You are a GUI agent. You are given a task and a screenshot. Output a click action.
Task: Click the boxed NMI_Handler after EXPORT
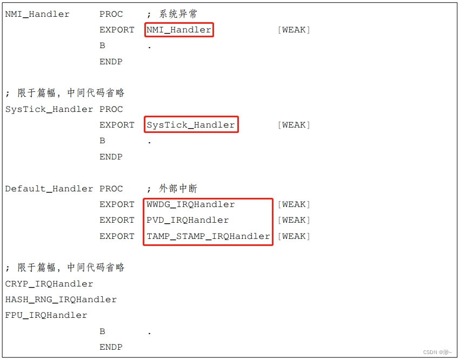(x=179, y=30)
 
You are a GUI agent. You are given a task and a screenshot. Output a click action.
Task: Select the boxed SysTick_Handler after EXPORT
(x=191, y=125)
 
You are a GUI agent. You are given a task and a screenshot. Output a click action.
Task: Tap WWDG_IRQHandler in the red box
(x=191, y=204)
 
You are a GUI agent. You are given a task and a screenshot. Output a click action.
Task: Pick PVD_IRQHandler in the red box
(x=188, y=220)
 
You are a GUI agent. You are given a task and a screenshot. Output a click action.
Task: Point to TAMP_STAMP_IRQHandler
(x=208, y=236)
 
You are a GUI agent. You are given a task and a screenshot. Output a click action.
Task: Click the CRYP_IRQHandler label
(x=49, y=284)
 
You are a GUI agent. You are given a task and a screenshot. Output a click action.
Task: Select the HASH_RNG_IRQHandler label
(x=61, y=299)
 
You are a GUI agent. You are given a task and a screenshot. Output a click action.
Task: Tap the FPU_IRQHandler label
(x=46, y=315)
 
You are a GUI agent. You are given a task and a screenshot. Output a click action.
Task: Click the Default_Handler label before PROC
(x=49, y=189)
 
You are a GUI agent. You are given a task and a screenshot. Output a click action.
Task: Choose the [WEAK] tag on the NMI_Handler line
(x=294, y=30)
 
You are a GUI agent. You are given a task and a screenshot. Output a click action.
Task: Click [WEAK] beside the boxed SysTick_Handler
(x=294, y=125)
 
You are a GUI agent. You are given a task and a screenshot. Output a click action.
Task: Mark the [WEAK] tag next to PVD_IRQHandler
(x=294, y=220)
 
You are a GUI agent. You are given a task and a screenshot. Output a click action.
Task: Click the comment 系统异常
(x=178, y=14)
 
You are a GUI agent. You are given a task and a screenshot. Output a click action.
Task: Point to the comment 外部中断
(x=178, y=189)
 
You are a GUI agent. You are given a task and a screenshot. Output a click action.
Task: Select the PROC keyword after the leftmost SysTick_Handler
(x=111, y=109)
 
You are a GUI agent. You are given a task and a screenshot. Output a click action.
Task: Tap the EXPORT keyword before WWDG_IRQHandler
(x=117, y=204)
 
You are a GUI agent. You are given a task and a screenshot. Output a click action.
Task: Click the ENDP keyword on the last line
(x=111, y=347)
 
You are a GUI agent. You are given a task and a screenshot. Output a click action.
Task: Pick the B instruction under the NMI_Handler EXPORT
(x=102, y=46)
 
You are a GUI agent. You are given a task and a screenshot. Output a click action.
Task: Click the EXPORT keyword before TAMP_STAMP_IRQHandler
(x=117, y=236)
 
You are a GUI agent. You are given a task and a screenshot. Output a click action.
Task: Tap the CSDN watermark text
(x=437, y=352)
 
